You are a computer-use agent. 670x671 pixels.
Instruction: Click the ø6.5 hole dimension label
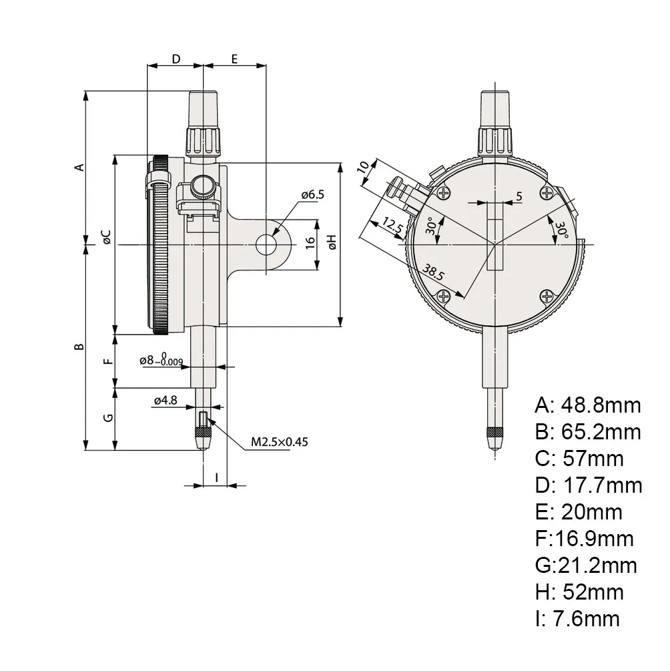pyautogui.click(x=312, y=195)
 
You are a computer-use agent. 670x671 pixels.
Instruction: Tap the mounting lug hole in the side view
pyautogui.click(x=267, y=244)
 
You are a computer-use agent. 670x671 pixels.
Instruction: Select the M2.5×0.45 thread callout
pyautogui.click(x=280, y=441)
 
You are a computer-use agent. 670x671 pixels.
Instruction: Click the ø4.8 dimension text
pyautogui.click(x=165, y=401)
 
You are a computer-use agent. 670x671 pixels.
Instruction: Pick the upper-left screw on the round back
pyautogui.click(x=443, y=194)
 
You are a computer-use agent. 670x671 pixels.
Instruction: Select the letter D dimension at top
pyautogui.click(x=176, y=59)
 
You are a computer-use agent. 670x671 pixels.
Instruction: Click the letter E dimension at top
pyautogui.click(x=235, y=59)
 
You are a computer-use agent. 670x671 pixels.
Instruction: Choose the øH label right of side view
pyautogui.click(x=331, y=242)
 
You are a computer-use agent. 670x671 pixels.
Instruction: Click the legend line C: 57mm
pyautogui.click(x=579, y=458)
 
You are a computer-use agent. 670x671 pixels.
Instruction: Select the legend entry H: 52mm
pyautogui.click(x=579, y=592)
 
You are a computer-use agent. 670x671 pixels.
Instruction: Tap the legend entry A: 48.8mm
pyautogui.click(x=587, y=405)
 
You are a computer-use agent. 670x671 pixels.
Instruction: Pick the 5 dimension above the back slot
pyautogui.click(x=518, y=196)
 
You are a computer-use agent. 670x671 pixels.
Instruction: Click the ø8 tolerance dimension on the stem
pyautogui.click(x=161, y=361)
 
